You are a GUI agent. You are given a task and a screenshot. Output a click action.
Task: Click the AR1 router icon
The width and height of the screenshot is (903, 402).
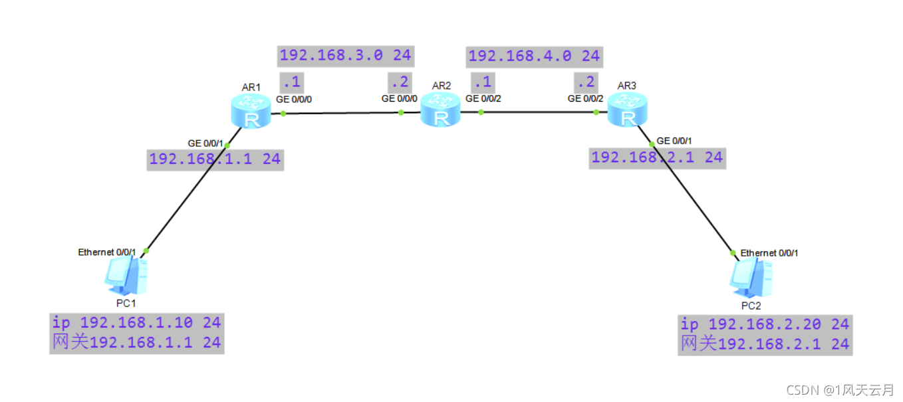[251, 111]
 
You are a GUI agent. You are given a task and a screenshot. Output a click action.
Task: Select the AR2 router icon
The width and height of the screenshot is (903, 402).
[440, 110]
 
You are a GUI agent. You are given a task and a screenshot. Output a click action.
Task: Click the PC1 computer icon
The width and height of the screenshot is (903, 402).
[126, 276]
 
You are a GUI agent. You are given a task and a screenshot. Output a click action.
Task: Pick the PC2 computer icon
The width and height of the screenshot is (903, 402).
[751, 277]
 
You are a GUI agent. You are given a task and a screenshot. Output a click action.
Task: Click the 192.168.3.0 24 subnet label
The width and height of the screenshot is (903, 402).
[345, 56]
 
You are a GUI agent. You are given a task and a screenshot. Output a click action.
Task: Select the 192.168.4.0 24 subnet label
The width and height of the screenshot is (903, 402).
[534, 56]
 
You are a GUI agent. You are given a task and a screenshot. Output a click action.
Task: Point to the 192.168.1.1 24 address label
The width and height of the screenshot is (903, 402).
[215, 159]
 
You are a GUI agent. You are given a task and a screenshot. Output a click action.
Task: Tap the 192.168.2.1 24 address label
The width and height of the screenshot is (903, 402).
[656, 157]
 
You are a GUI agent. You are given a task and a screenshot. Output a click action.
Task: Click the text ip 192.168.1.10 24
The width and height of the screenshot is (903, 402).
[136, 323]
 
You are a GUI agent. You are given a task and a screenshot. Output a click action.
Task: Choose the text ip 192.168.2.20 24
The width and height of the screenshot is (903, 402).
[765, 324]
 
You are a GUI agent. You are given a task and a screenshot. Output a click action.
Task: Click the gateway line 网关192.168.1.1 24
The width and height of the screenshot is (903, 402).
[136, 343]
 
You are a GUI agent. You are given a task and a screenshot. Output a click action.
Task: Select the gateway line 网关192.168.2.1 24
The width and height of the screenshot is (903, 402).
[765, 344]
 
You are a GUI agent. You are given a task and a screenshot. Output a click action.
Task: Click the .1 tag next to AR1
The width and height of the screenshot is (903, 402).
[291, 82]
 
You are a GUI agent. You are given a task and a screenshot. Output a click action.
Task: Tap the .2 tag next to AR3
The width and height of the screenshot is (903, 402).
[586, 82]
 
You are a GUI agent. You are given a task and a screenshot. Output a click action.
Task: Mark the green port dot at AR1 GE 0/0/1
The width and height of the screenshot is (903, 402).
[227, 145]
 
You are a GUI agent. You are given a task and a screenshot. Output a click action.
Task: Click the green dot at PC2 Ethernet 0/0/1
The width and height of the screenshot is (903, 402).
[733, 252]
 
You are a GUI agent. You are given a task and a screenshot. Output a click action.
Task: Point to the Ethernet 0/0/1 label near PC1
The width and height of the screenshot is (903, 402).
[107, 252]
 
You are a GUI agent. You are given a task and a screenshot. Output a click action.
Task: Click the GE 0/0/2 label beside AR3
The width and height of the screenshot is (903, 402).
[586, 98]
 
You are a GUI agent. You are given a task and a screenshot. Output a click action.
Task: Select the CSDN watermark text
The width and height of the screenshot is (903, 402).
[840, 390]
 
